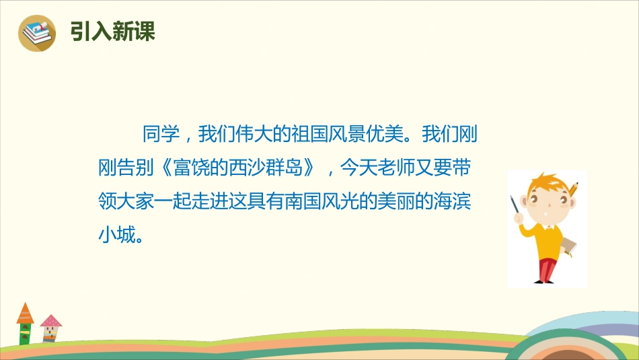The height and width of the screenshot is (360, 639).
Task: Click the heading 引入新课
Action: pos(112,32)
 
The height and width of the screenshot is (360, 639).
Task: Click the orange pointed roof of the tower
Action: pos(26,313)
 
